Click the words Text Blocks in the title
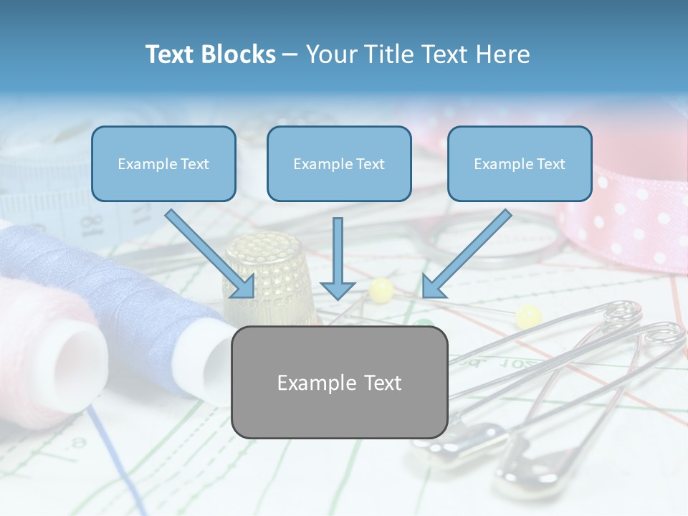pos(210,54)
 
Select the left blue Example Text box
pos(163,164)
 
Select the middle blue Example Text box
pos(339,164)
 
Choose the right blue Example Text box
pos(520,164)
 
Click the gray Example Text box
pos(339,383)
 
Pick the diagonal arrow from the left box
pos(211,254)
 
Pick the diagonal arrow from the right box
pos(466,254)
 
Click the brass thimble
pos(269,276)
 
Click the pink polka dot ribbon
pos(623,215)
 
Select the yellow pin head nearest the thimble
pos(381,290)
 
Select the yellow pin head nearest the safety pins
pos(529,315)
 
